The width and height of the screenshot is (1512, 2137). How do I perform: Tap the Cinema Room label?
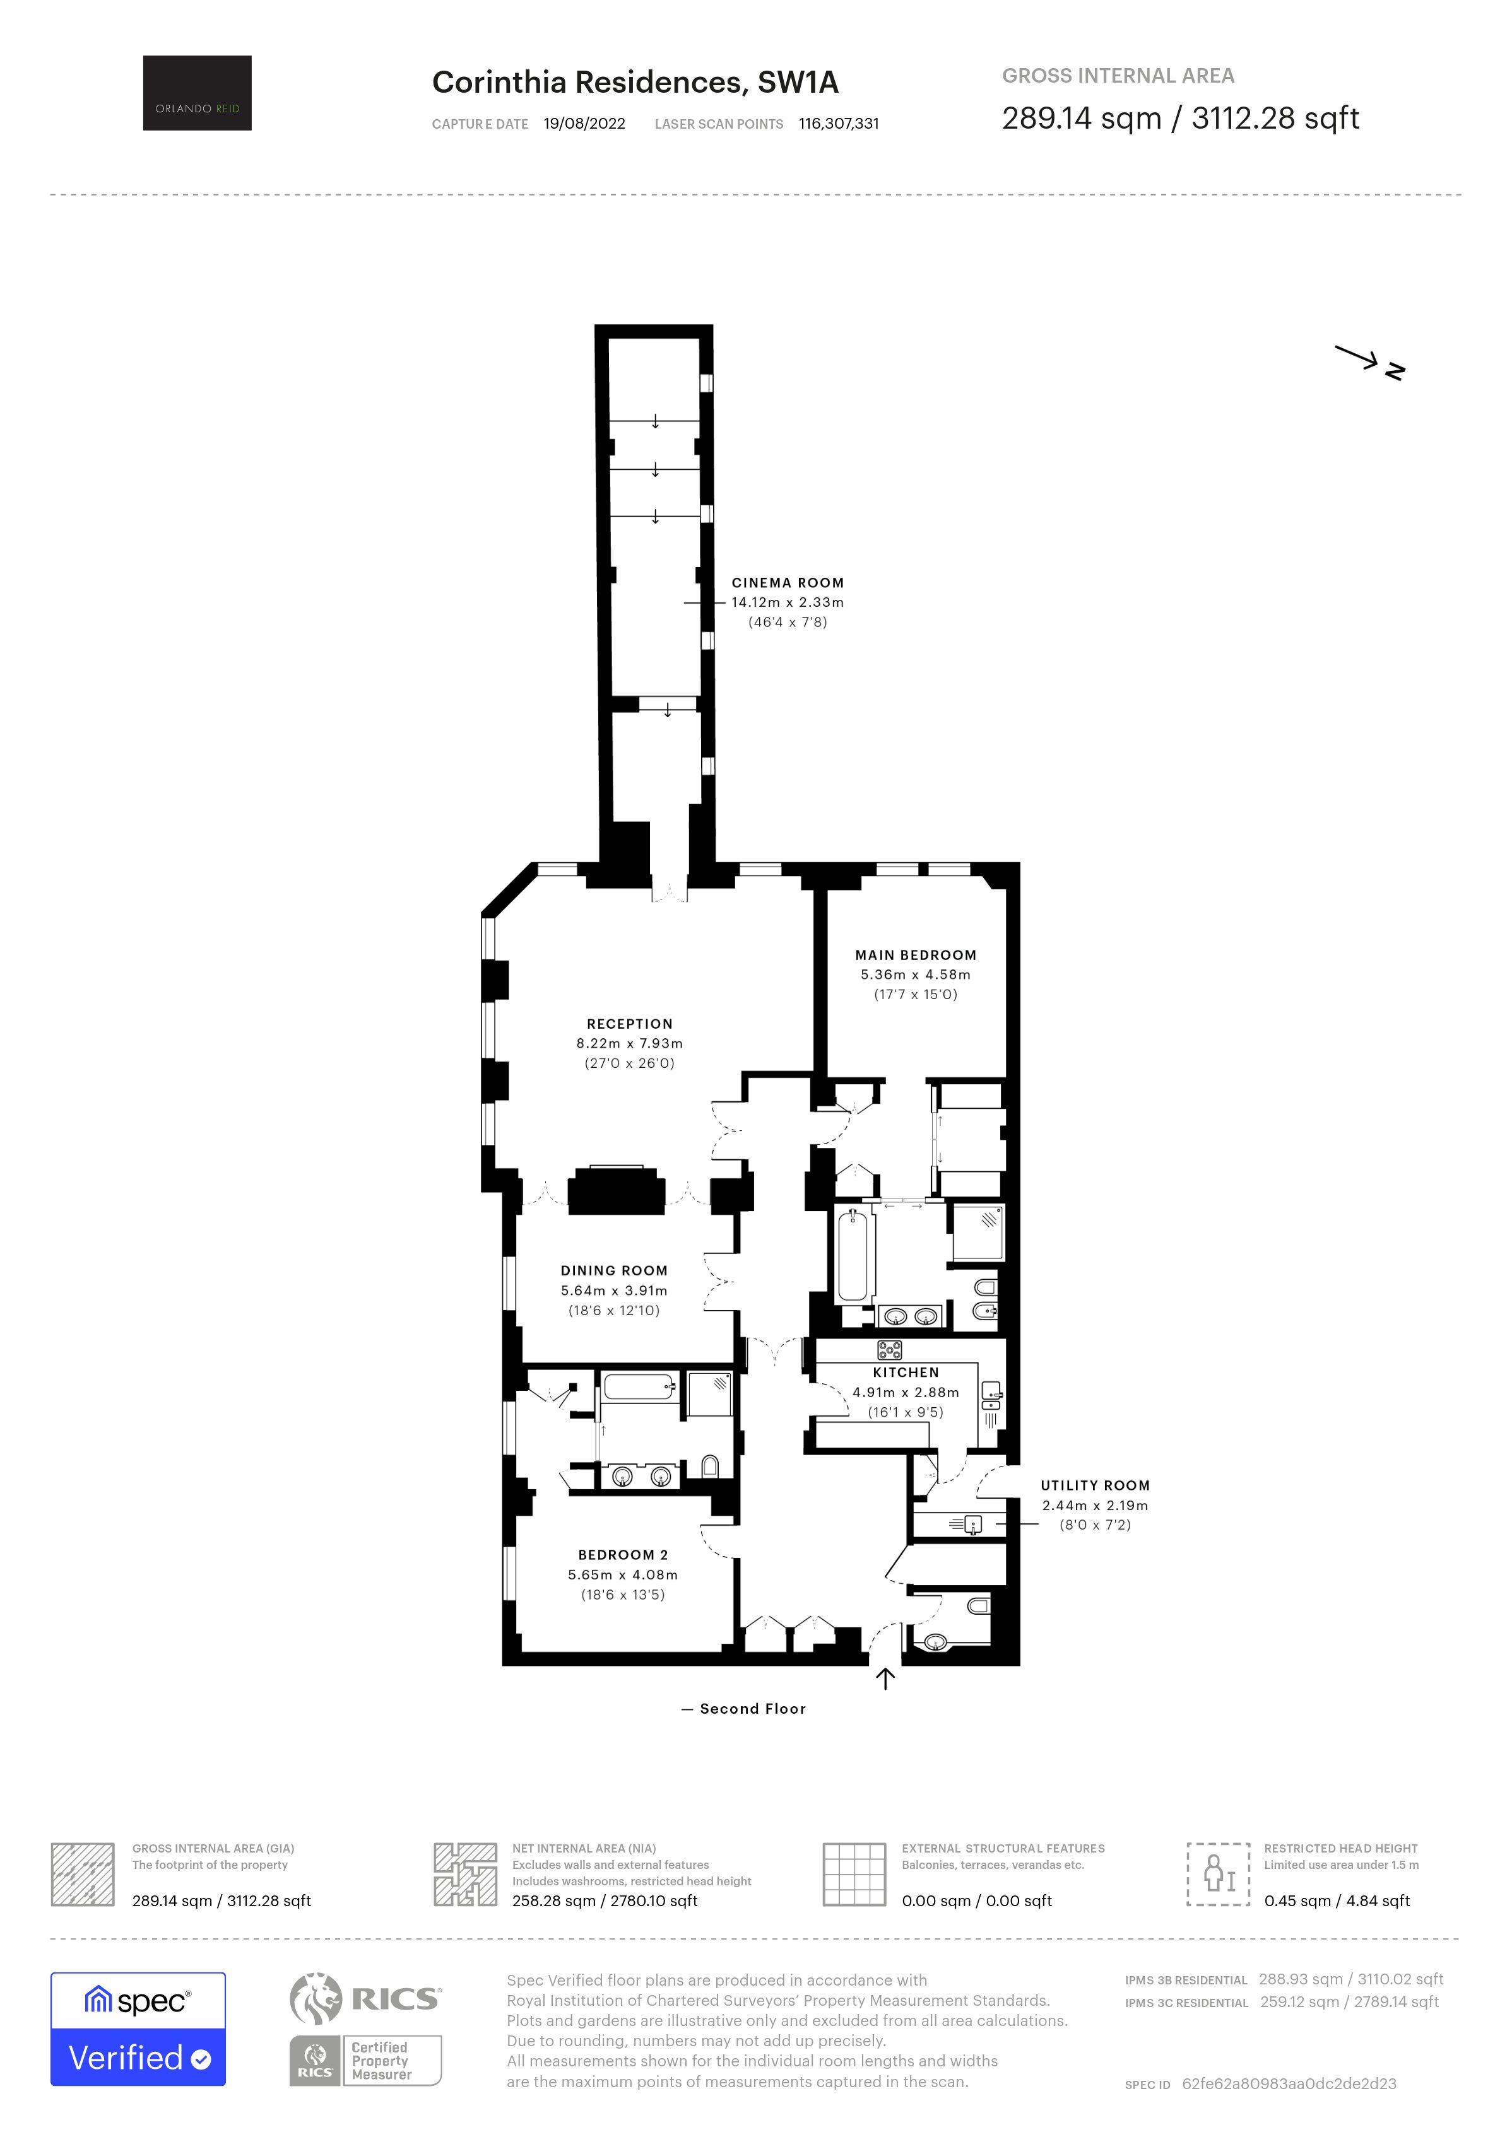point(787,583)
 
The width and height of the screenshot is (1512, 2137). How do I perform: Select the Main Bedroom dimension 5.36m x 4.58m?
point(914,975)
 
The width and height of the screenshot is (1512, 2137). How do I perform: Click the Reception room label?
point(629,1024)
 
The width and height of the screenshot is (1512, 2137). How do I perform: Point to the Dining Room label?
point(613,1270)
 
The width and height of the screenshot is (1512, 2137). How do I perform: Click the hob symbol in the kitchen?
point(889,1350)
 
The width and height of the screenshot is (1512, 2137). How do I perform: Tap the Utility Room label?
point(1094,1485)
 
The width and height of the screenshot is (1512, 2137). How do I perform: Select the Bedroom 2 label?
point(623,1554)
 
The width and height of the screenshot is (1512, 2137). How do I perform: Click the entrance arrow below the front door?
point(885,1678)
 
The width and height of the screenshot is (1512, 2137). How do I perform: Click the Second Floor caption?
point(752,1709)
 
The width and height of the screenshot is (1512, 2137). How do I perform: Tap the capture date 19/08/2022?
point(584,124)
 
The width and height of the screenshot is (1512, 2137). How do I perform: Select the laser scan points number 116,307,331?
point(838,124)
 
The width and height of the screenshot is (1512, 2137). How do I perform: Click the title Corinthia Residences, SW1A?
point(635,83)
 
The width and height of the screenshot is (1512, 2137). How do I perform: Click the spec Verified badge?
point(138,2029)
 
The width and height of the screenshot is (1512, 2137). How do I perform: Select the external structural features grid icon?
point(854,1873)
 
